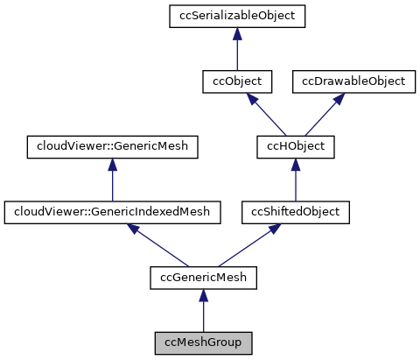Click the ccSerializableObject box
(238, 16)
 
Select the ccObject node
(238, 81)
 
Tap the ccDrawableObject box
(353, 81)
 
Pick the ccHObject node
(295, 146)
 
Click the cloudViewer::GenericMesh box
(111, 146)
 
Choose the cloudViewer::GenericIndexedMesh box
(111, 211)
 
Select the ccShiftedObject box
(295, 211)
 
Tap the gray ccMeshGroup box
(203, 342)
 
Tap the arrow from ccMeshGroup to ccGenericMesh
(203, 311)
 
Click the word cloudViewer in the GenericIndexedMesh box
(41, 211)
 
